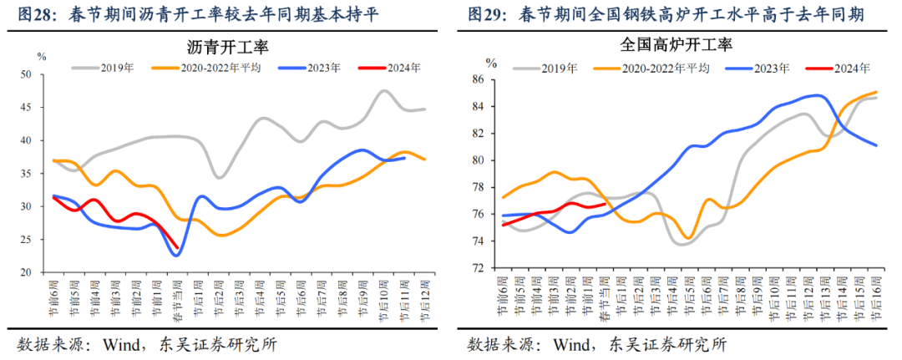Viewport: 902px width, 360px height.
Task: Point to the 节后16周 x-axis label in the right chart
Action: click(877, 298)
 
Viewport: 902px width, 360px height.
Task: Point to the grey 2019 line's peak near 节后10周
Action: click(383, 91)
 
